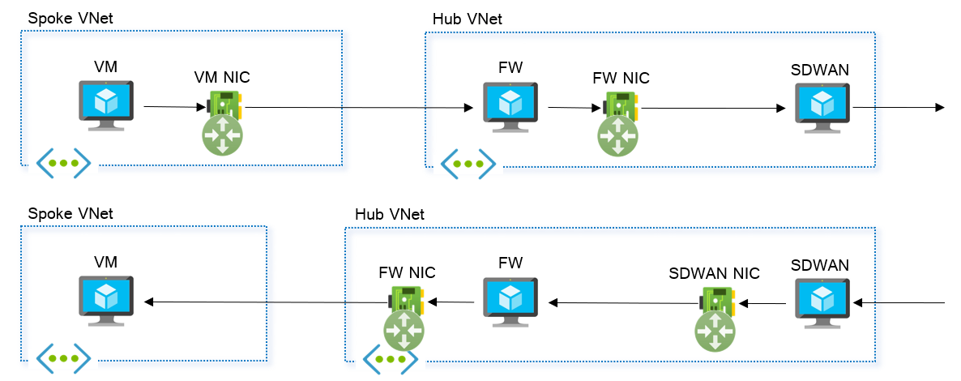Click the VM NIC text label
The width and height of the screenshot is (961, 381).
(x=222, y=78)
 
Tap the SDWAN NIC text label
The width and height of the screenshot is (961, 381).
(x=714, y=273)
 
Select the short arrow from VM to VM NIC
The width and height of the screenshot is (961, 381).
(x=173, y=106)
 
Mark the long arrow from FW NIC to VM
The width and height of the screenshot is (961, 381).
(x=267, y=302)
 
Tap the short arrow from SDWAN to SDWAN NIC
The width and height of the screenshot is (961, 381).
(x=762, y=304)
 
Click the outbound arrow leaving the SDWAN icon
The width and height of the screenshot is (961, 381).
(x=899, y=107)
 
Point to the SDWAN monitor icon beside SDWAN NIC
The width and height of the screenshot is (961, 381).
(x=822, y=302)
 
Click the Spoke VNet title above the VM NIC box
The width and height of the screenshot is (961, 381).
(x=70, y=17)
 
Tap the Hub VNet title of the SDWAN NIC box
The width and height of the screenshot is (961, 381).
(x=390, y=214)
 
